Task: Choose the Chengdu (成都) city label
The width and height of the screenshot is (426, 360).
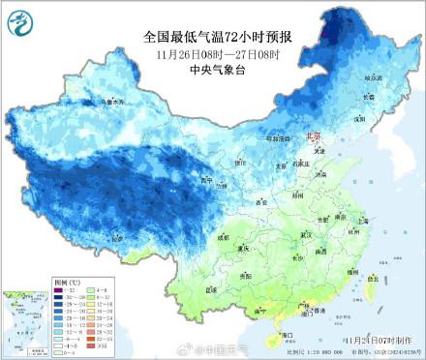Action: pos(226,236)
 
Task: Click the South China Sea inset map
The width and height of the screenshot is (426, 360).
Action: pos(26,319)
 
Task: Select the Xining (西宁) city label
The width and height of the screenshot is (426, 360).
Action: pos(204,180)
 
